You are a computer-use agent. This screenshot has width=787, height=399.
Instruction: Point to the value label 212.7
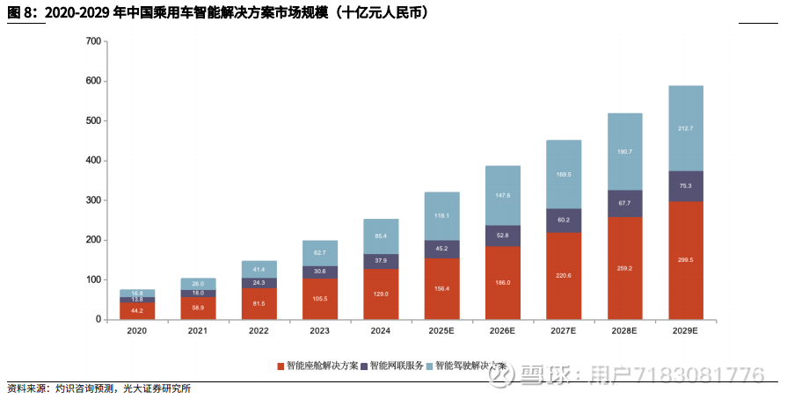685,128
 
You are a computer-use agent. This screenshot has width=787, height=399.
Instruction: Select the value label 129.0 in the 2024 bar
381,294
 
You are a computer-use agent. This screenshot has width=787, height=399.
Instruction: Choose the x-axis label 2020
136,331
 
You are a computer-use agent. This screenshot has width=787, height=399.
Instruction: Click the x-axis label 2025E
441,331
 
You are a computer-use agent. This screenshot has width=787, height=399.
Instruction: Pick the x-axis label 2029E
685,331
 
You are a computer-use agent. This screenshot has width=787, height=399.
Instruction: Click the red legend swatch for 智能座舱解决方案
281,366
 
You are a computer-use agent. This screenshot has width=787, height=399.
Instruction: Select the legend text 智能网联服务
397,366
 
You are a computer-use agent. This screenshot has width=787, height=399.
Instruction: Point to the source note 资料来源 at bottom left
26,388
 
